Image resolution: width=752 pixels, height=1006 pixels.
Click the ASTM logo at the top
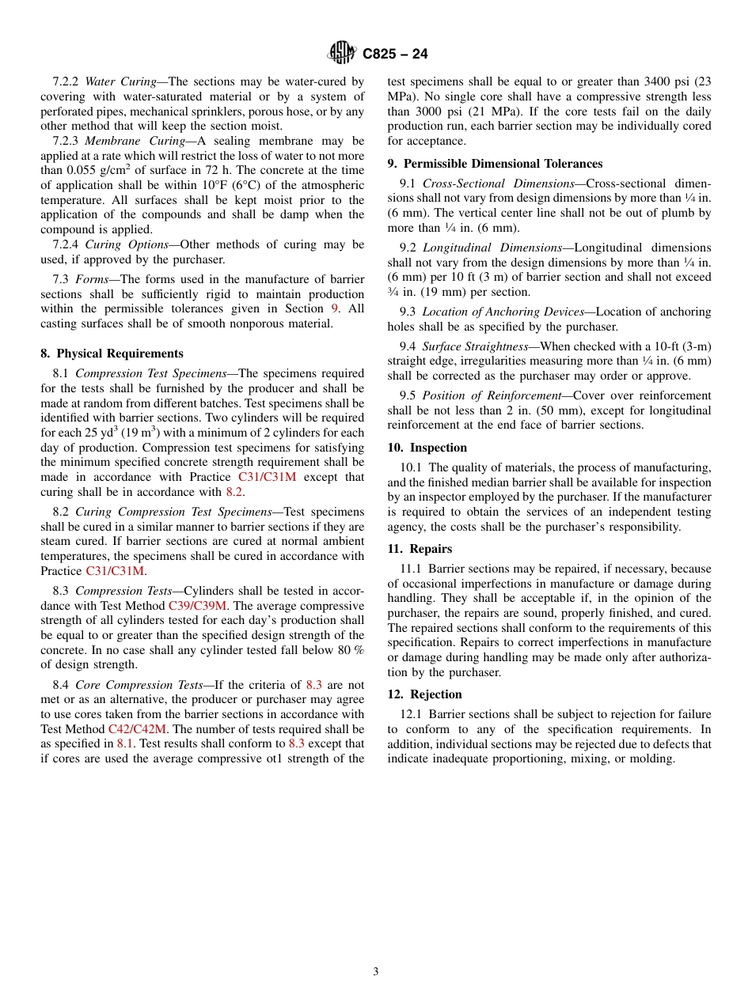pos(342,53)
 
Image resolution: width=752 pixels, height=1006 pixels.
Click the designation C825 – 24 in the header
pos(395,54)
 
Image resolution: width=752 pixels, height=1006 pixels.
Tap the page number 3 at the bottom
pos(376,972)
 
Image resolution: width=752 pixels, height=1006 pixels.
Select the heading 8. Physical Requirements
pos(112,354)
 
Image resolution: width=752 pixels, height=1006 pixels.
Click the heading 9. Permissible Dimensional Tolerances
pos(495,164)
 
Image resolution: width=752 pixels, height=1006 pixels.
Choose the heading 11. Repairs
pos(420,549)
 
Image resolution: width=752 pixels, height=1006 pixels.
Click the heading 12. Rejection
pos(424,694)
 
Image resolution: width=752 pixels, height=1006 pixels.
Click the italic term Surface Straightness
pos(474,346)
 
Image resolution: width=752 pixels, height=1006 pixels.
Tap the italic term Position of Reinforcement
pos(492,395)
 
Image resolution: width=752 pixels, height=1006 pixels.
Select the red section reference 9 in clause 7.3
pos(334,308)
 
